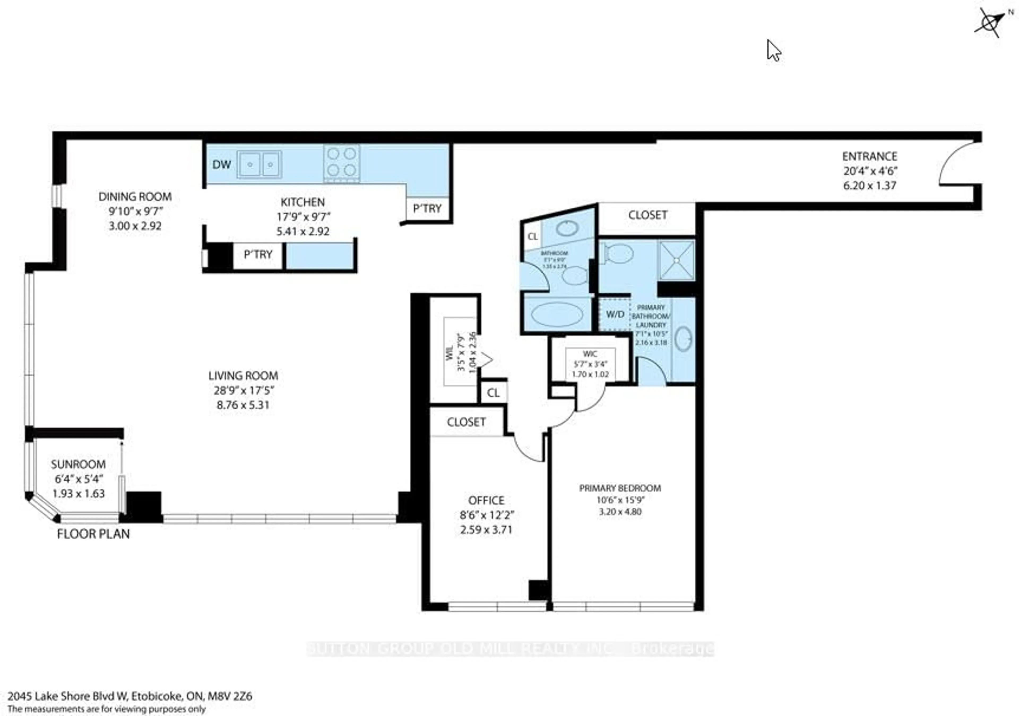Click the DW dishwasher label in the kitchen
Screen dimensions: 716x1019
click(222, 165)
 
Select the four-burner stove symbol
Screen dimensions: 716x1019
click(341, 162)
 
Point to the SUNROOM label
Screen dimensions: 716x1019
click(78, 464)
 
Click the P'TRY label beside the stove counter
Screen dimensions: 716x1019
click(427, 208)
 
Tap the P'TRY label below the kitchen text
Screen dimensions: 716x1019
click(258, 255)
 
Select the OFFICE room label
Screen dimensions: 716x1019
click(486, 500)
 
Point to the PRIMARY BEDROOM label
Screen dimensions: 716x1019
click(620, 488)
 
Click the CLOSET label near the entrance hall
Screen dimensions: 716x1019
click(647, 215)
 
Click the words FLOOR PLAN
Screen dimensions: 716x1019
click(94, 534)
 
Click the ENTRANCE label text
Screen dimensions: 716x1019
click(869, 157)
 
